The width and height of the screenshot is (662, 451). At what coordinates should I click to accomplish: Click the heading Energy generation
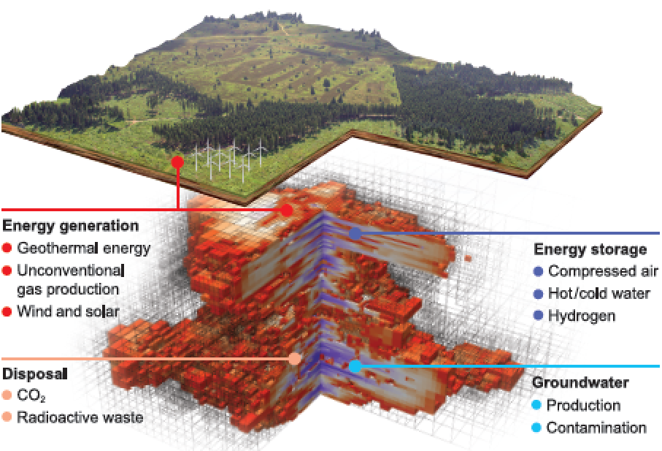coord(71,226)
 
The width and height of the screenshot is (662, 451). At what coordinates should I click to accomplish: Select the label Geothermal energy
coord(84,248)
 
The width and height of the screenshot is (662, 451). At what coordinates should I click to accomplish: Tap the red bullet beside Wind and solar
coord(7,312)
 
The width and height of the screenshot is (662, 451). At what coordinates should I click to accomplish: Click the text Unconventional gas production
coord(71,280)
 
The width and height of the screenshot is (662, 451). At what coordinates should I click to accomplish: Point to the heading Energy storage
coord(590,249)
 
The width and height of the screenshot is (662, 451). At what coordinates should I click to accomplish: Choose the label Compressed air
coord(603,271)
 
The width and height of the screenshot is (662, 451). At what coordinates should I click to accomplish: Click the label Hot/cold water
coord(599,293)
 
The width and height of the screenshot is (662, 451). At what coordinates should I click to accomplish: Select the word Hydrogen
coord(582,316)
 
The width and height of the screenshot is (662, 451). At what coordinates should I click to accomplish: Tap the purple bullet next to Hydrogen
coord(538,315)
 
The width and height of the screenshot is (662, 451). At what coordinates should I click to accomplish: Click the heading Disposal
coord(34,374)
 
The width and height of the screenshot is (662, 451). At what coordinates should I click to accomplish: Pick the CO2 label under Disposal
coord(31,395)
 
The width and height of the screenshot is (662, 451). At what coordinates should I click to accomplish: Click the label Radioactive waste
coord(80,417)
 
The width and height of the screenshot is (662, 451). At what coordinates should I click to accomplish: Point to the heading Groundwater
coord(580,382)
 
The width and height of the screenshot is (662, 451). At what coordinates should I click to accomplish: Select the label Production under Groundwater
coord(583,405)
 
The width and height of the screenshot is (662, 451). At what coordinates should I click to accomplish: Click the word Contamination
coord(596,428)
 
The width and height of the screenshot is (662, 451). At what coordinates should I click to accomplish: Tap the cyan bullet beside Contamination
coord(536,428)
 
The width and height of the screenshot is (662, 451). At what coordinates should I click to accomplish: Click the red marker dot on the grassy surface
coord(178,162)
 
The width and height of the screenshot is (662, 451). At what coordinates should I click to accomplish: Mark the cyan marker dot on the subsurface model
coord(355,366)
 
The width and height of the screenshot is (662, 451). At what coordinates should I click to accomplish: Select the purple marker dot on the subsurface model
coord(355,233)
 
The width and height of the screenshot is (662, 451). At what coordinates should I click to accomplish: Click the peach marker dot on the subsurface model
coord(295,359)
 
